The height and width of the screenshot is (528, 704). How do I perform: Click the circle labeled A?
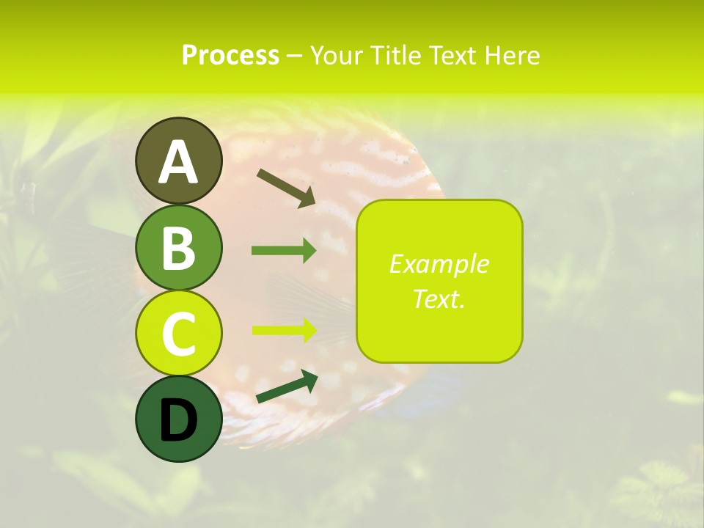178,161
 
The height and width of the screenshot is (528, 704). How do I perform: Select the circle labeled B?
178,247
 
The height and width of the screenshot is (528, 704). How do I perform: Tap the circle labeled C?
178,333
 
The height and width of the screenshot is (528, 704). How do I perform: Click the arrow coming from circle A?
286,186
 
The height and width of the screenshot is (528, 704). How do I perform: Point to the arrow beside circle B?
284,251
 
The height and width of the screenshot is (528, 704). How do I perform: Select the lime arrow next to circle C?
284,330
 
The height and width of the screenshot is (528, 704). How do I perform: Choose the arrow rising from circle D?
287,386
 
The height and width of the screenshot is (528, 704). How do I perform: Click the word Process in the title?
230,55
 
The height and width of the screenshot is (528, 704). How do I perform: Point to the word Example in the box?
439,264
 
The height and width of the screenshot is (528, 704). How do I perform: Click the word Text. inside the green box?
439,298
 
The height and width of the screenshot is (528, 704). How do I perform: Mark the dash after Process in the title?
294,56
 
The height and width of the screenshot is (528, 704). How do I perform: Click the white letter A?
178,162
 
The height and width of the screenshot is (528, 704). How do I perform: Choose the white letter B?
178,248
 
